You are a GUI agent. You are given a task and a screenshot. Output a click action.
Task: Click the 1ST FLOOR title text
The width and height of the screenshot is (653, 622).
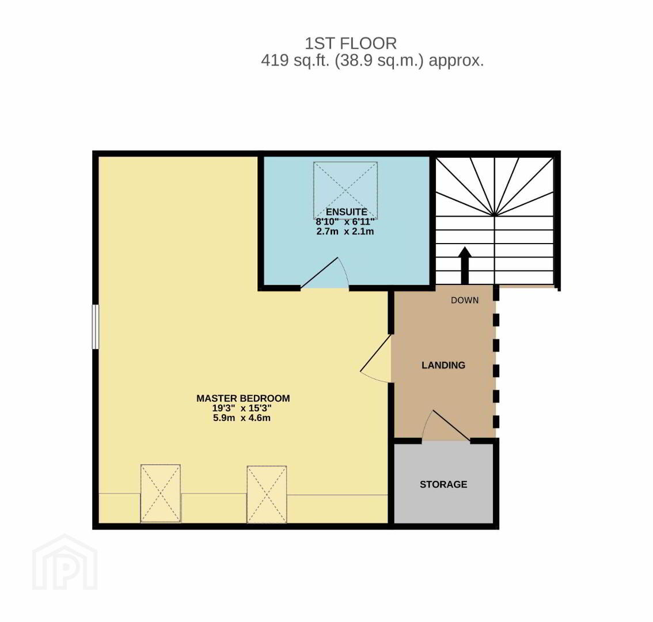[351, 43]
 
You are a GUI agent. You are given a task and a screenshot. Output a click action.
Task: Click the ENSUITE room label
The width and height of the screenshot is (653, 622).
[346, 211]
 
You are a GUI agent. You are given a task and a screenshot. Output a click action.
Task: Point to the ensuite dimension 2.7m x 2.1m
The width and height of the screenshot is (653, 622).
[346, 231]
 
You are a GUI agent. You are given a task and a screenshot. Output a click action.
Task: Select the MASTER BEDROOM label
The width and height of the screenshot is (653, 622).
[243, 399]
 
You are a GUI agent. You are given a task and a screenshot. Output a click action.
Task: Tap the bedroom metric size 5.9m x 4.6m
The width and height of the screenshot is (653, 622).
[242, 418]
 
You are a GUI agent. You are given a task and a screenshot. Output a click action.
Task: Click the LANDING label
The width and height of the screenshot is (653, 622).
[443, 365]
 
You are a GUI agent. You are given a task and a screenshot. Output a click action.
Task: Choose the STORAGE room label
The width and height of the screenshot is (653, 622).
[443, 484]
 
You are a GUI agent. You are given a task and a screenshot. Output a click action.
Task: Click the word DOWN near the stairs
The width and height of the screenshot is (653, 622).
[465, 301]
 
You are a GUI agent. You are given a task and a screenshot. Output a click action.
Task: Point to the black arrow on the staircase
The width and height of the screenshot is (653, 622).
[465, 266]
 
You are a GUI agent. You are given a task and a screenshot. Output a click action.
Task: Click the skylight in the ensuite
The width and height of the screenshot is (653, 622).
[346, 189]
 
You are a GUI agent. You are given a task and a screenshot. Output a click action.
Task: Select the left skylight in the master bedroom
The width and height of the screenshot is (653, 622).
[161, 493]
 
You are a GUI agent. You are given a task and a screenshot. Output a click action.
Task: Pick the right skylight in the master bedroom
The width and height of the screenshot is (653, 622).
[267, 494]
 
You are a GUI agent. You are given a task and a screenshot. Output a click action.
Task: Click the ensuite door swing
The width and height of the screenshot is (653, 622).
[325, 273]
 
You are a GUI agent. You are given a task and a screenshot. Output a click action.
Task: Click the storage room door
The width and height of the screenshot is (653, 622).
[446, 425]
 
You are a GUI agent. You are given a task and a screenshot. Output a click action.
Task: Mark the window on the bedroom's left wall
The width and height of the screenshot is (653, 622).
[96, 327]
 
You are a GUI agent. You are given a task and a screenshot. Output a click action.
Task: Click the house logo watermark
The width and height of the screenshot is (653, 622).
[65, 563]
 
